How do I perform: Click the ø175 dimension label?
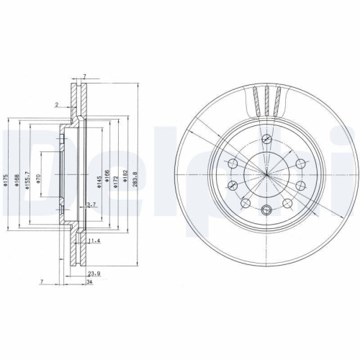point(6,183)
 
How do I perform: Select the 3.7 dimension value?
point(91,206)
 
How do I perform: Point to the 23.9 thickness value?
point(93,274)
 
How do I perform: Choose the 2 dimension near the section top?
point(57,104)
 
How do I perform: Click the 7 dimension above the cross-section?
point(84,76)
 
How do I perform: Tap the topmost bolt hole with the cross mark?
point(266,139)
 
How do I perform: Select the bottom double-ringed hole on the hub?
point(266,210)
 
